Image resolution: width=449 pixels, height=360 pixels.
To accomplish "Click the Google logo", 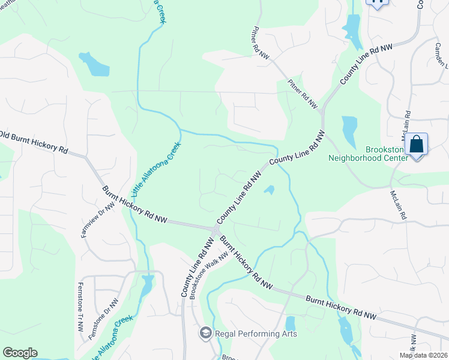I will point(20,353).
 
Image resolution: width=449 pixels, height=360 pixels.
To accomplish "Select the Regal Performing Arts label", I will point(248,333).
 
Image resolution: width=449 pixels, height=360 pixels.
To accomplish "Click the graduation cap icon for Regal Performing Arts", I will point(205,333).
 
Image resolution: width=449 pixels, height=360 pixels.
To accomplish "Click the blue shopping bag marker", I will point(416,145).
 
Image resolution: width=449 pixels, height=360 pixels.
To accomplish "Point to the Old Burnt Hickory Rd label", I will point(34,142).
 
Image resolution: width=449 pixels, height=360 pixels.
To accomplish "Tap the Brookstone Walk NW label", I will point(209,275).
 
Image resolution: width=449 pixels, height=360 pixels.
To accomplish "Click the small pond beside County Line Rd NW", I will point(270,190).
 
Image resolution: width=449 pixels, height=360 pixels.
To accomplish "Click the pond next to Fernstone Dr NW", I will point(146,287).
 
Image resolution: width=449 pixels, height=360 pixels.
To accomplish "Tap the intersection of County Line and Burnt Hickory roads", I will point(215,230).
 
